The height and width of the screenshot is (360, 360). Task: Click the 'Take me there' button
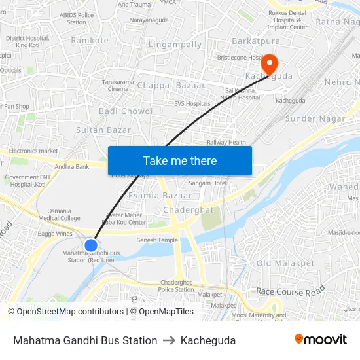[180, 160]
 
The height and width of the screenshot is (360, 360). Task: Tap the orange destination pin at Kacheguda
[269, 64]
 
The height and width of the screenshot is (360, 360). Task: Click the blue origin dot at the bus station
[91, 245]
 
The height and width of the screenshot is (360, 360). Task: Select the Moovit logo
[320, 339]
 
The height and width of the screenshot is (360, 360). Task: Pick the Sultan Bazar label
[103, 130]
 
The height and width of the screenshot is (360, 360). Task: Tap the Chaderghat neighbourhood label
[188, 210]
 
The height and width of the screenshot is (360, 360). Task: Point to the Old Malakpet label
[282, 263]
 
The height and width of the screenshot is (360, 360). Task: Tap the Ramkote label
[90, 41]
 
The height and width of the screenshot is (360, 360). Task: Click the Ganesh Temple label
[156, 240]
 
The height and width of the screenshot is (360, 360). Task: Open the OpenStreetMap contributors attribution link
[65, 312]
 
